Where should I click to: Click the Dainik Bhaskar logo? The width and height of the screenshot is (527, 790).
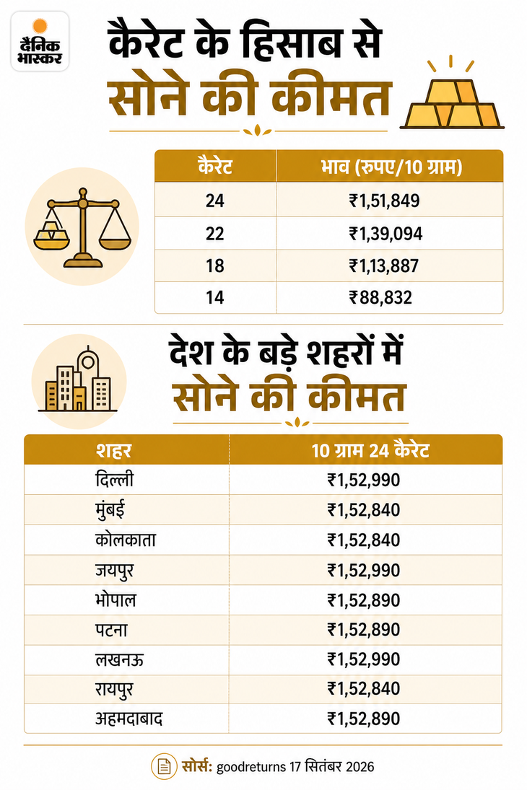[x=40, y=41]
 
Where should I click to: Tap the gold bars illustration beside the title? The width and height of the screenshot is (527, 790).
[x=452, y=95]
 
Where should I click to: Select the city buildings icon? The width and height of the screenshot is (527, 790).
[x=78, y=381]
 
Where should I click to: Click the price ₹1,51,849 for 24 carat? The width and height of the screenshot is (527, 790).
[x=384, y=201]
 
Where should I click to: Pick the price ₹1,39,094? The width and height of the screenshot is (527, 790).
[x=386, y=234]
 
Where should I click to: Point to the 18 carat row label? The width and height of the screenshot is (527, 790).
[x=215, y=265]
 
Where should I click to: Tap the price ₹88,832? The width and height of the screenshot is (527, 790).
[x=380, y=297]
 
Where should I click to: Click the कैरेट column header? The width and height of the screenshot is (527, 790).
[x=215, y=166]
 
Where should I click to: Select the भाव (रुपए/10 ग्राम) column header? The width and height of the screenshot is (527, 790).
[x=391, y=167]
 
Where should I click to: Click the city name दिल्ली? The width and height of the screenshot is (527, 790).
[x=115, y=478]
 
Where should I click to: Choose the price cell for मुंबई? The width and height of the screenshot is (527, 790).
[x=364, y=510]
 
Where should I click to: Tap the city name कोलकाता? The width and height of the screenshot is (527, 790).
[x=126, y=540]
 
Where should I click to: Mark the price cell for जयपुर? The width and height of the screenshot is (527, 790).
[x=364, y=571]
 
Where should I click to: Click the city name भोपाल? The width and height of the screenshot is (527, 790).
[x=116, y=600]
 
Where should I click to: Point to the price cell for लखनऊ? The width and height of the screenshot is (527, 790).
[x=364, y=659]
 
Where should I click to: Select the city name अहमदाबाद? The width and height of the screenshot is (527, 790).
[x=129, y=719]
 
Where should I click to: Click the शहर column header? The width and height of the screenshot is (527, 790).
[x=113, y=450]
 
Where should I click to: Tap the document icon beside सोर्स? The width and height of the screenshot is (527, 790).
[x=164, y=767]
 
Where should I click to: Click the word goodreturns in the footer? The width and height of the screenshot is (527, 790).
[x=251, y=768]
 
